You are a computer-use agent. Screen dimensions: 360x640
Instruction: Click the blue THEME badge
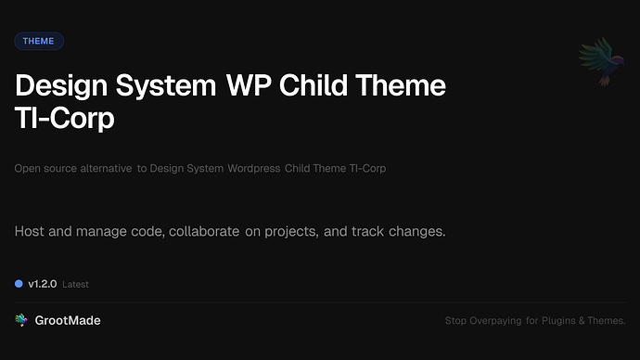pos(39,41)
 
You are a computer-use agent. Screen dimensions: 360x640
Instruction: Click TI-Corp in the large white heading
pos(64,119)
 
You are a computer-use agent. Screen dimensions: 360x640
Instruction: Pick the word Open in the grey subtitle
pos(29,169)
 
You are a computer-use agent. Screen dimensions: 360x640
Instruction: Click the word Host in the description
pos(32,229)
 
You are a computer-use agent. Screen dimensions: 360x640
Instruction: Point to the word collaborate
pos(203,229)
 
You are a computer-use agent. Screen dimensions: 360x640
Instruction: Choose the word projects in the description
pos(290,230)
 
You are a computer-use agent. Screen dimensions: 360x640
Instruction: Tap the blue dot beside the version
pos(19,284)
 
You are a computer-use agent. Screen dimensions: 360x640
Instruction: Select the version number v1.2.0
pos(43,284)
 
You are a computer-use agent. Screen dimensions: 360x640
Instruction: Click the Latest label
pos(76,285)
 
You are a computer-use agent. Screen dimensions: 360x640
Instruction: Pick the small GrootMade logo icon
pos(21,320)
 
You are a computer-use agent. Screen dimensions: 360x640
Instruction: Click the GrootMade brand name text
pos(68,320)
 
